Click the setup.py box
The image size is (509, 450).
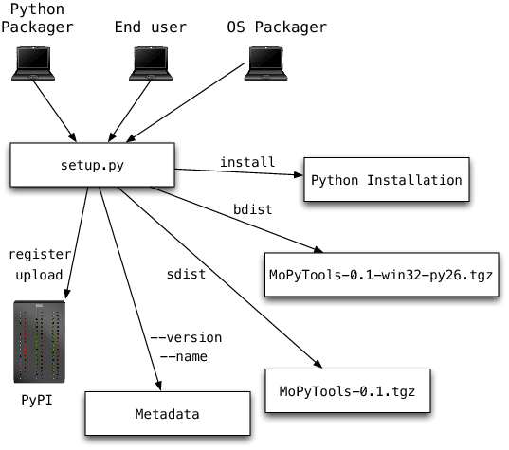tap(93, 164)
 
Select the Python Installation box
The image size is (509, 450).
tap(387, 180)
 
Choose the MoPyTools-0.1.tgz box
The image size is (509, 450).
tap(347, 390)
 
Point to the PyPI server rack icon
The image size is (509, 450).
tap(39, 340)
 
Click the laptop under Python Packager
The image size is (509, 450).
tap(35, 63)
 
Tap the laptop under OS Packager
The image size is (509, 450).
tap(265, 63)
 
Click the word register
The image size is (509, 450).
tap(35, 255)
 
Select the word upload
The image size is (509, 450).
tap(39, 275)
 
